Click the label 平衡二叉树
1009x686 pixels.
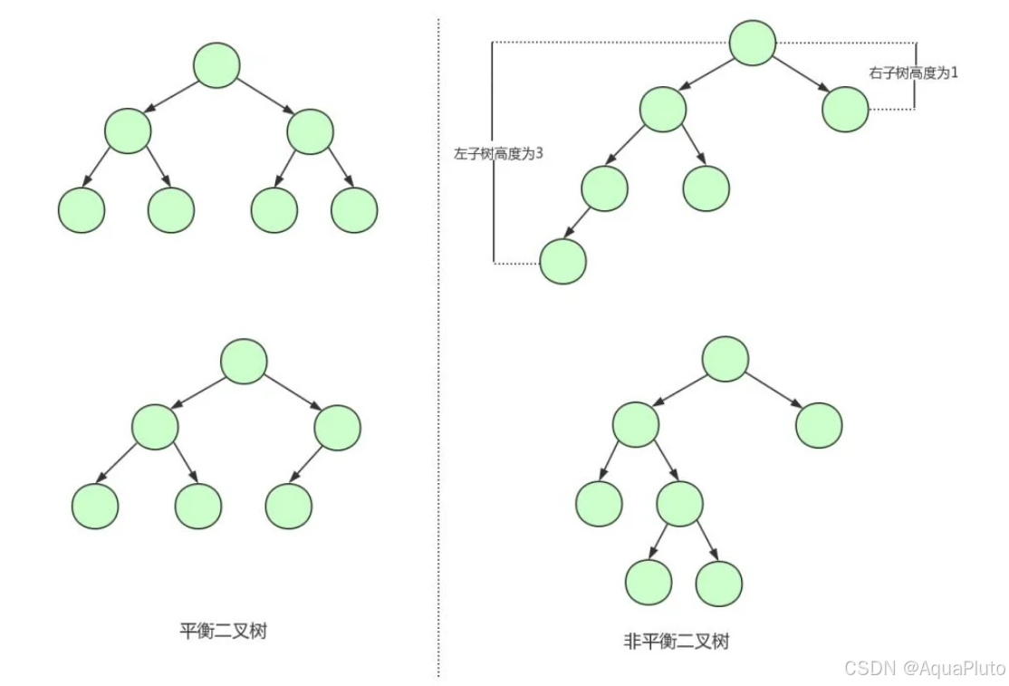[x=224, y=630]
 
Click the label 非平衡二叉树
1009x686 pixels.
[x=677, y=641]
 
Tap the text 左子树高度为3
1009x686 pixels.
[x=498, y=153]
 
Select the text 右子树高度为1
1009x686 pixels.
[x=913, y=72]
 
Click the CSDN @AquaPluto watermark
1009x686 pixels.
[x=924, y=668]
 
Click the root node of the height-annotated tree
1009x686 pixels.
[x=753, y=43]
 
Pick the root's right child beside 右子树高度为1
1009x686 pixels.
[x=846, y=110]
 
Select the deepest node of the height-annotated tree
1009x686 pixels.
[x=562, y=261]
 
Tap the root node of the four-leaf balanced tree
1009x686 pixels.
[x=216, y=65]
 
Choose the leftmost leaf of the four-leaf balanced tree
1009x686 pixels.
[x=82, y=210]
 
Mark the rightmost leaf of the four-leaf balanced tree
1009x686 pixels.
[x=354, y=210]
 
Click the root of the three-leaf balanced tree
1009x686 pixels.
[x=244, y=361]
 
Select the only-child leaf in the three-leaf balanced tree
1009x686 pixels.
[x=289, y=506]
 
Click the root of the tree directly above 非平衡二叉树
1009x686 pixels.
[x=726, y=359]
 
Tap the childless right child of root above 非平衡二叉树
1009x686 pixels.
[x=819, y=424]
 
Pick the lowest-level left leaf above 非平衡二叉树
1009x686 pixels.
[x=649, y=582]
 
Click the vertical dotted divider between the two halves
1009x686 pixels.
[x=438, y=362]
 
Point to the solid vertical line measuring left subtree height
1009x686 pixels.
[x=492, y=208]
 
